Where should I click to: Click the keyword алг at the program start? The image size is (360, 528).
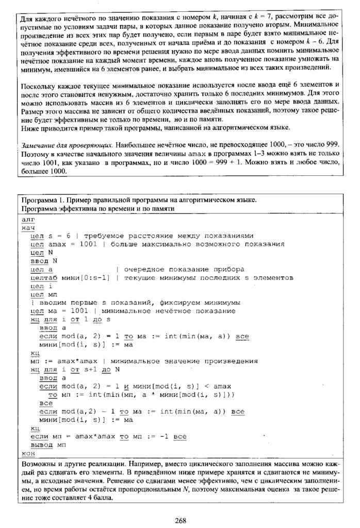pyautogui.click(x=28, y=219)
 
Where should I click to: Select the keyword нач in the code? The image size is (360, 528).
pyautogui.click(x=28, y=227)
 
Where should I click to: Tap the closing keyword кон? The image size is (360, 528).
pyautogui.click(x=28, y=453)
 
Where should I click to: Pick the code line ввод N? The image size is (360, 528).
pyautogui.click(x=48, y=261)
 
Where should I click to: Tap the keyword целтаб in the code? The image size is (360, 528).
pyautogui.click(x=45, y=277)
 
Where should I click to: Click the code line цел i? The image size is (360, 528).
pyautogui.click(x=41, y=286)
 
